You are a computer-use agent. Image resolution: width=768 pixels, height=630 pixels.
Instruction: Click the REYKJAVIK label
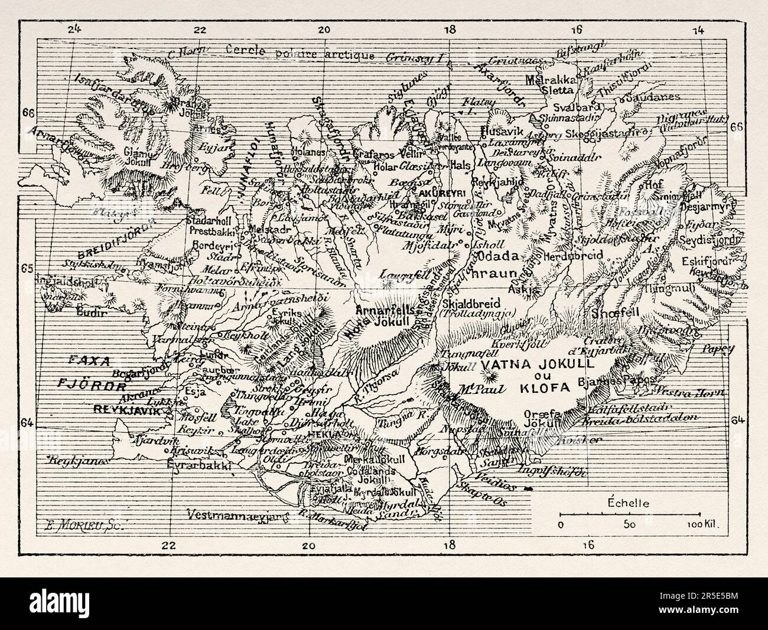point(127,408)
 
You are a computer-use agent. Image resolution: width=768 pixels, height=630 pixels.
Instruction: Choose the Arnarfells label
point(378,309)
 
